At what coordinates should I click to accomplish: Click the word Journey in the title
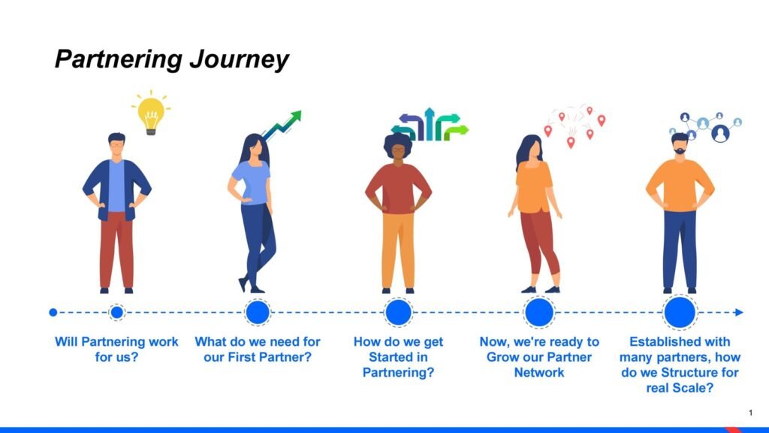239,60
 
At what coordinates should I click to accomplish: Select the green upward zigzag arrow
282,126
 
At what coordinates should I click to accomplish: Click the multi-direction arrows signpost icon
430,124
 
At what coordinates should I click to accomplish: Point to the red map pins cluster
574,126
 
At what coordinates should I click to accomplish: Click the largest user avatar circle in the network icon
720,133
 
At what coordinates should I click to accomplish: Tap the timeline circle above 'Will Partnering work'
116,312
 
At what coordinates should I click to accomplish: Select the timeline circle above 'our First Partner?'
258,312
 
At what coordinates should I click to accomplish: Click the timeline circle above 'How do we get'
398,312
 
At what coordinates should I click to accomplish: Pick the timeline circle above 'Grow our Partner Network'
539,312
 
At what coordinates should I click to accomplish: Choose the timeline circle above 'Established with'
680,312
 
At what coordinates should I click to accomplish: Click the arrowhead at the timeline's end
739,312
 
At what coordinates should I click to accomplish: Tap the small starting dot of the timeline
53,312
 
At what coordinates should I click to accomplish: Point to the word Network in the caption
539,373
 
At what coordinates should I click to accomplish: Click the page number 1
750,413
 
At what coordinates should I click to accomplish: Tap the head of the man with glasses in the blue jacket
116,144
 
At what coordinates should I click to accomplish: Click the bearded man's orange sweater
680,185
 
